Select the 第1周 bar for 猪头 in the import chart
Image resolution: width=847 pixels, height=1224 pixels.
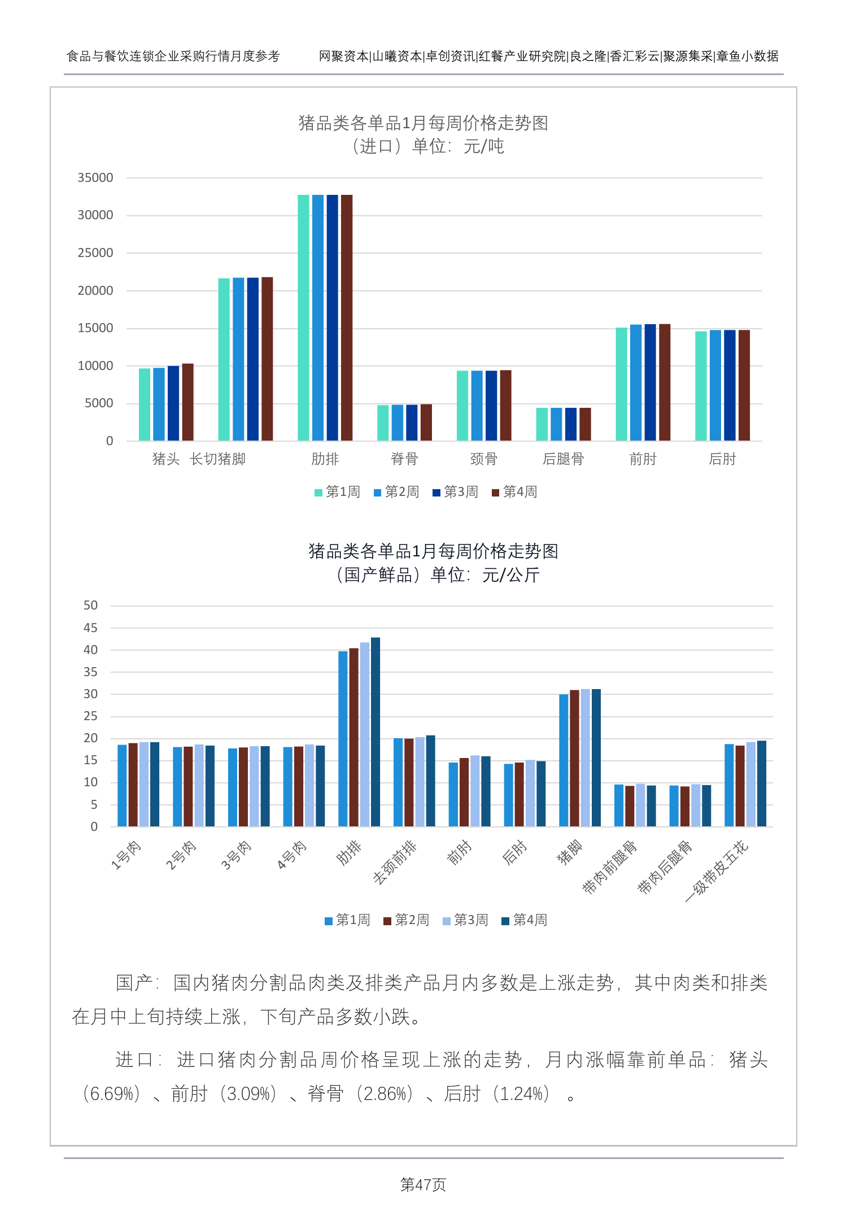pyautogui.click(x=145, y=404)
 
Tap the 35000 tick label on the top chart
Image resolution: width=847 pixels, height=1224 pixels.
pyautogui.click(x=95, y=178)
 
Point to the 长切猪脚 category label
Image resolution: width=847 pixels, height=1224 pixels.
pyautogui.click(x=218, y=459)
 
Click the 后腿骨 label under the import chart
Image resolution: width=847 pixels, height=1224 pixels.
pyautogui.click(x=563, y=459)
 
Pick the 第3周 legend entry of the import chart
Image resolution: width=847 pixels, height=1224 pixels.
pyautogui.click(x=456, y=492)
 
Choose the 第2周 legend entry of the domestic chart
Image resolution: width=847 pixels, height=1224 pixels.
pyautogui.click(x=407, y=920)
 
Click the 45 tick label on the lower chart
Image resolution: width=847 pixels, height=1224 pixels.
pyautogui.click(x=90, y=628)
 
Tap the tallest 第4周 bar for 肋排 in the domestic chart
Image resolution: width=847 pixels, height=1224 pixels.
pyautogui.click(x=376, y=732)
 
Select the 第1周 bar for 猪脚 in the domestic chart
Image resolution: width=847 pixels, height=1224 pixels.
pyautogui.click(x=564, y=760)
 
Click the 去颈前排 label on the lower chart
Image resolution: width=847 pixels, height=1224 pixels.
pyautogui.click(x=395, y=862)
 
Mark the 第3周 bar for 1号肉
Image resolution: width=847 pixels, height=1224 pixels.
pyautogui.click(x=144, y=785)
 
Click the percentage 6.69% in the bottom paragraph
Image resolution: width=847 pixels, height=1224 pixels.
pyautogui.click(x=111, y=1094)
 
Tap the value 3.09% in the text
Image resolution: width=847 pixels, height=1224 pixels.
pyautogui.click(x=248, y=1094)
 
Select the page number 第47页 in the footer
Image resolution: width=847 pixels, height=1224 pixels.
pyautogui.click(x=423, y=1184)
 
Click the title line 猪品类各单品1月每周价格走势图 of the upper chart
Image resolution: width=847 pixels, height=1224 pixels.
pyautogui.click(x=423, y=123)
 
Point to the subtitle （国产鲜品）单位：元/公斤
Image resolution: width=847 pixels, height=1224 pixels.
pyautogui.click(x=438, y=575)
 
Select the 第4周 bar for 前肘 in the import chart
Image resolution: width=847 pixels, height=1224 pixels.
pyautogui.click(x=665, y=382)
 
